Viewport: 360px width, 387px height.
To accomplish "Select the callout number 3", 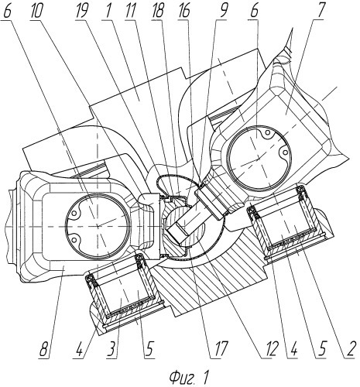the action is pos(112,349).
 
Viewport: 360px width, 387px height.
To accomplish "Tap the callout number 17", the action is pos(220,349).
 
